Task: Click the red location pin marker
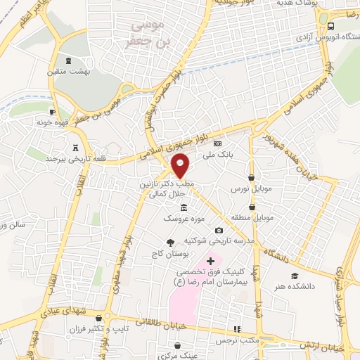(181, 165)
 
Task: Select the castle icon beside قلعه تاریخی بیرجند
(75, 147)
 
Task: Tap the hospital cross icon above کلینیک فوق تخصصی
(210, 261)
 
